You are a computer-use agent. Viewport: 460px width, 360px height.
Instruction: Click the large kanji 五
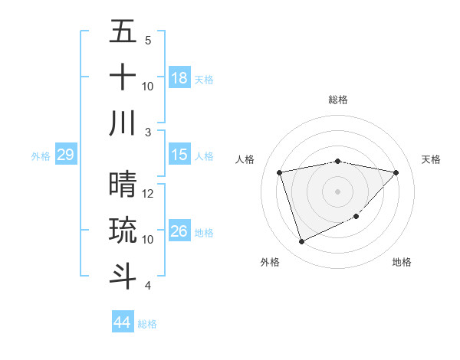coord(123,33)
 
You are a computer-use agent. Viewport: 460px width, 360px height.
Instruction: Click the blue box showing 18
coord(179,78)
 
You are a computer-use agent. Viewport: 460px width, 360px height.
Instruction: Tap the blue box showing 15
coord(179,155)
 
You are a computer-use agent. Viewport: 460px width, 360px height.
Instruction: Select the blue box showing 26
coord(179,231)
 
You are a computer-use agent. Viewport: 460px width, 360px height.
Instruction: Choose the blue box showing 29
coord(65,155)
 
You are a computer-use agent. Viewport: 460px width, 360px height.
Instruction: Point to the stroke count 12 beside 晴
coord(149,194)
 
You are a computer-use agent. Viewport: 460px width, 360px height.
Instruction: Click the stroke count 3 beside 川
coord(149,133)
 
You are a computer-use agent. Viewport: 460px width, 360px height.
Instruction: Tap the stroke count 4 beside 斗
coord(149,286)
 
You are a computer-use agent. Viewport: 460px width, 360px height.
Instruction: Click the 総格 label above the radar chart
coord(338,100)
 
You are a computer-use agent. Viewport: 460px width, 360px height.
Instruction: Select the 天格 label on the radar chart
coord(432,159)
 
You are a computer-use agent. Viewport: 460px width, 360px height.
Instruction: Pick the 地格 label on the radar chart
coord(402,262)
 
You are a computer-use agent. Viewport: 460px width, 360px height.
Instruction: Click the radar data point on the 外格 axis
coord(301,242)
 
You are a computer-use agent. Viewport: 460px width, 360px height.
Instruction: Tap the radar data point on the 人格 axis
coord(280,172)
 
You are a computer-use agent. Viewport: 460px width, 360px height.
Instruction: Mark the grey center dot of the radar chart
coord(338,191)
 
